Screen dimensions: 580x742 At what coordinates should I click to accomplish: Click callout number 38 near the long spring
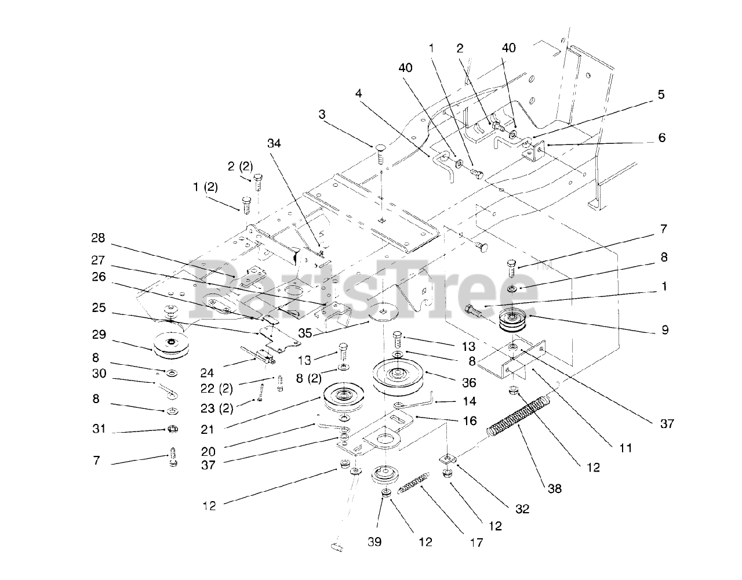click(x=555, y=488)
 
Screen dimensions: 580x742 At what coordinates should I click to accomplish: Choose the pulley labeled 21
click(x=344, y=398)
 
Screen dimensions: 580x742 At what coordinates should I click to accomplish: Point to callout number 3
click(x=322, y=115)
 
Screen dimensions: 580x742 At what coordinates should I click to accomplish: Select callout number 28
click(x=98, y=238)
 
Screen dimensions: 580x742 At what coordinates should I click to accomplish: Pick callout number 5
click(x=661, y=95)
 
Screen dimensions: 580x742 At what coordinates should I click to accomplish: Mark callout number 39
click(x=374, y=542)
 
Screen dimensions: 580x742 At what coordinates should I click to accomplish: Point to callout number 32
click(x=522, y=509)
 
